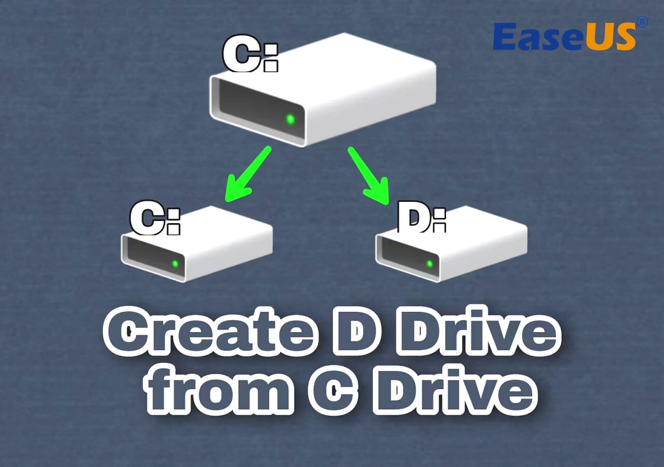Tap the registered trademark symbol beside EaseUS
[x=642, y=22]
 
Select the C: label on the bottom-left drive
[x=155, y=219]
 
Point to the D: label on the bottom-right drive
[x=421, y=218]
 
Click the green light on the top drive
[x=290, y=119]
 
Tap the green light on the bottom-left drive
[x=175, y=264]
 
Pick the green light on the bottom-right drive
[x=430, y=264]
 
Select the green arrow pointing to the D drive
[x=369, y=177]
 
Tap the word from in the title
[x=218, y=390]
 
